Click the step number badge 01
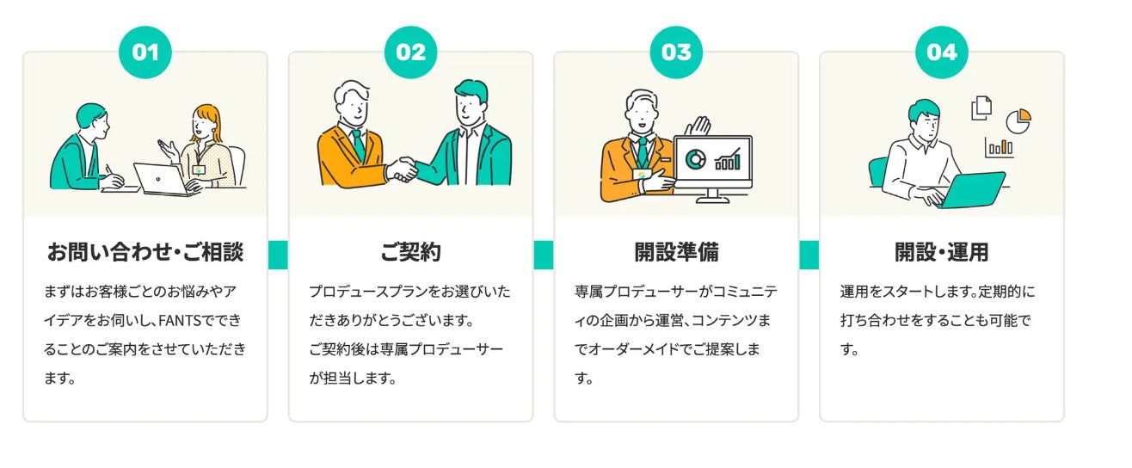(145, 52)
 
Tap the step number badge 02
(410, 52)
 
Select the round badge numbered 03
(676, 52)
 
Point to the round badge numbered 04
(942, 52)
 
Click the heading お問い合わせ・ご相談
(145, 253)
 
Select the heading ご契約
(410, 253)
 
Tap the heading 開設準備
(676, 253)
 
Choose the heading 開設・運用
(942, 253)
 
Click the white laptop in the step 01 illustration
(162, 179)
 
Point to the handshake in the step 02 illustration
(401, 169)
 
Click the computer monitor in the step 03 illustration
(712, 163)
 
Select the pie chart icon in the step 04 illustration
(1018, 120)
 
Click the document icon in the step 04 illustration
(981, 108)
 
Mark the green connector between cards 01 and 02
(278, 255)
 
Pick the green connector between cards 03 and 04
(809, 255)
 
